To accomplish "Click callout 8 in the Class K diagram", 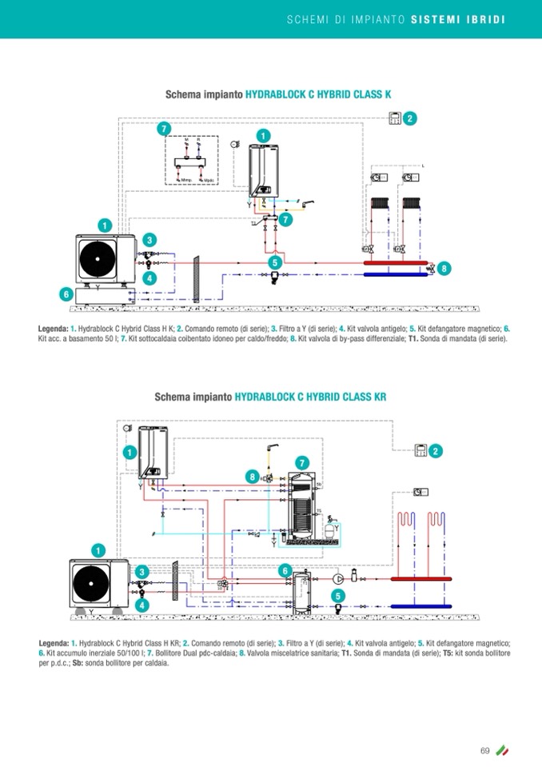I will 444,269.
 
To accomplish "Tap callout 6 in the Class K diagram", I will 66,294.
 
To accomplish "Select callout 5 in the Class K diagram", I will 275,262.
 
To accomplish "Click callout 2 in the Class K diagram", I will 410,119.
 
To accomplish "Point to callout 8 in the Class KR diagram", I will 253,477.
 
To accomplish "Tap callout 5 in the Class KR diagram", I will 338,596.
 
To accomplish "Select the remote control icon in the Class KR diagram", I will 420,451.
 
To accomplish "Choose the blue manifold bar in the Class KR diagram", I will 422,607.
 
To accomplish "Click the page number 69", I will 484,749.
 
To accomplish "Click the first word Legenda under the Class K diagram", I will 53,329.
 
